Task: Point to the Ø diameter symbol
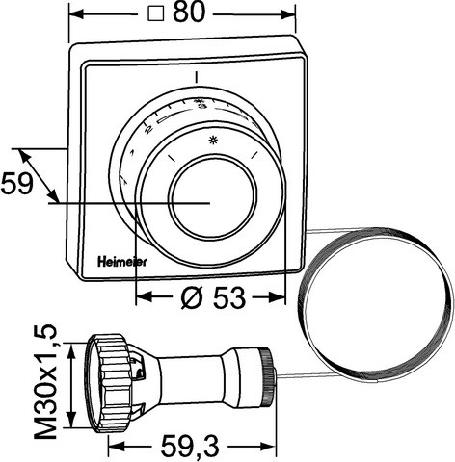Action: (x=191, y=299)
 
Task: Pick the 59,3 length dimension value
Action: (x=190, y=447)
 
